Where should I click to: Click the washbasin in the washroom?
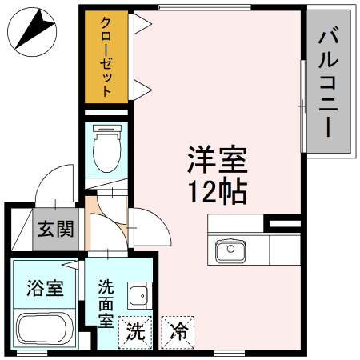pos(138,295)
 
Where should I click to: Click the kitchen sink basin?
pos(230,251)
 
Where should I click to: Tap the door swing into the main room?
pos(152,228)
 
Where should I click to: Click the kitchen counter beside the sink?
pos(284,250)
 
